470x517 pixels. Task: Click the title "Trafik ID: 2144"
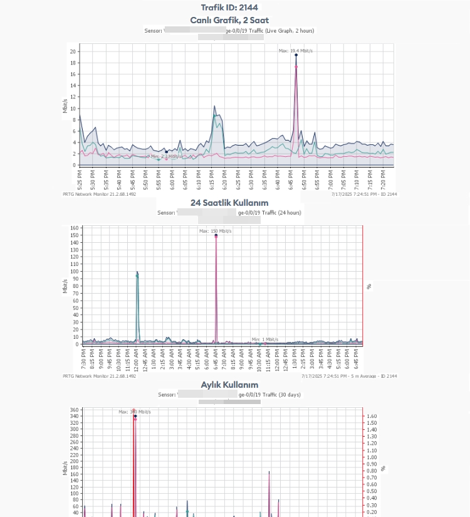click(x=235, y=8)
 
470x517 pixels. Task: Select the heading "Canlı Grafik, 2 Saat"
click(x=234, y=20)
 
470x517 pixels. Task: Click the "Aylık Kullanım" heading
click(x=229, y=384)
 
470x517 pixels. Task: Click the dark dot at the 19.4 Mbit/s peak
click(x=296, y=55)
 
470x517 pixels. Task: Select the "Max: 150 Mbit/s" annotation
click(x=215, y=231)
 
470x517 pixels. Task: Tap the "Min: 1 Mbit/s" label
click(x=264, y=339)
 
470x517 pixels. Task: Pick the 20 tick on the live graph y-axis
click(x=73, y=51)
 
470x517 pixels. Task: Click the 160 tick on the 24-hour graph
click(x=75, y=228)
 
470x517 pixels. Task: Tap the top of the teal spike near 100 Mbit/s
click(x=137, y=273)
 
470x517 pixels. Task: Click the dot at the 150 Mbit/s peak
click(x=216, y=235)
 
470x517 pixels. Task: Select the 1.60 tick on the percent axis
click(x=372, y=416)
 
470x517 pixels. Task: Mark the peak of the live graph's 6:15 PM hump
click(x=214, y=106)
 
